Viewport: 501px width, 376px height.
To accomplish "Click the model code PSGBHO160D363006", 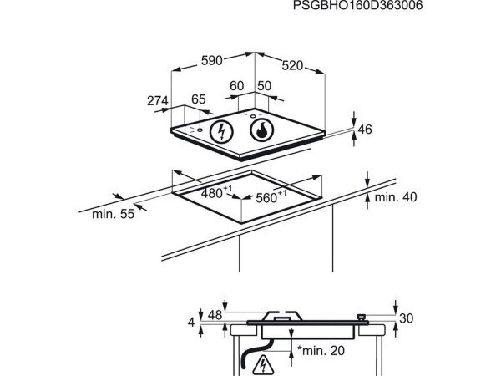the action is pos(357,5).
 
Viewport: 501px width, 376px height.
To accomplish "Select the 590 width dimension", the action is pos(211,60).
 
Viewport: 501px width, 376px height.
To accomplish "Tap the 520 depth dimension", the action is pos(292,65).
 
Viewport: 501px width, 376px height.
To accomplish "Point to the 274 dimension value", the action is pos(158,101).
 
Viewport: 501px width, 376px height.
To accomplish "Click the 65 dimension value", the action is pos(199,99).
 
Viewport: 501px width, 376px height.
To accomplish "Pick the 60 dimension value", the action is pos(237,86).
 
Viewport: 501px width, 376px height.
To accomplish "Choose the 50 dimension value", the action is pos(264,86).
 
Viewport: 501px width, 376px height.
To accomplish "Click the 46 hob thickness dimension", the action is pos(365,130).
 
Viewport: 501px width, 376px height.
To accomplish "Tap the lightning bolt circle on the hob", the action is pos(221,132).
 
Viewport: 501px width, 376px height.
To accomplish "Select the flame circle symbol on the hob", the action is pos(262,130).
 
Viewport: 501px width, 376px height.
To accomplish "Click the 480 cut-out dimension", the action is pos(216,192).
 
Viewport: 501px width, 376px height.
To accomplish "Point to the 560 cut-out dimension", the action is pos(271,197).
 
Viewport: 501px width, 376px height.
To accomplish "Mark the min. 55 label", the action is pos(113,214).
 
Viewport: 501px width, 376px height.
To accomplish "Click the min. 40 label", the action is pos(396,197).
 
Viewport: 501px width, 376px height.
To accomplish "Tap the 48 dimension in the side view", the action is pos(215,315).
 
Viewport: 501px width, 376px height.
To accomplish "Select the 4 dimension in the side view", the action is pos(191,323).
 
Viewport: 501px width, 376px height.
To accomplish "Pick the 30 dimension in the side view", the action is pos(407,318).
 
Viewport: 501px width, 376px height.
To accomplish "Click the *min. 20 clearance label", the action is pos(321,351).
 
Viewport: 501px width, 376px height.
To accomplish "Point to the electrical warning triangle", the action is pos(263,365).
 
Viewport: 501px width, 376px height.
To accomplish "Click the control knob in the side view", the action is pos(362,318).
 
